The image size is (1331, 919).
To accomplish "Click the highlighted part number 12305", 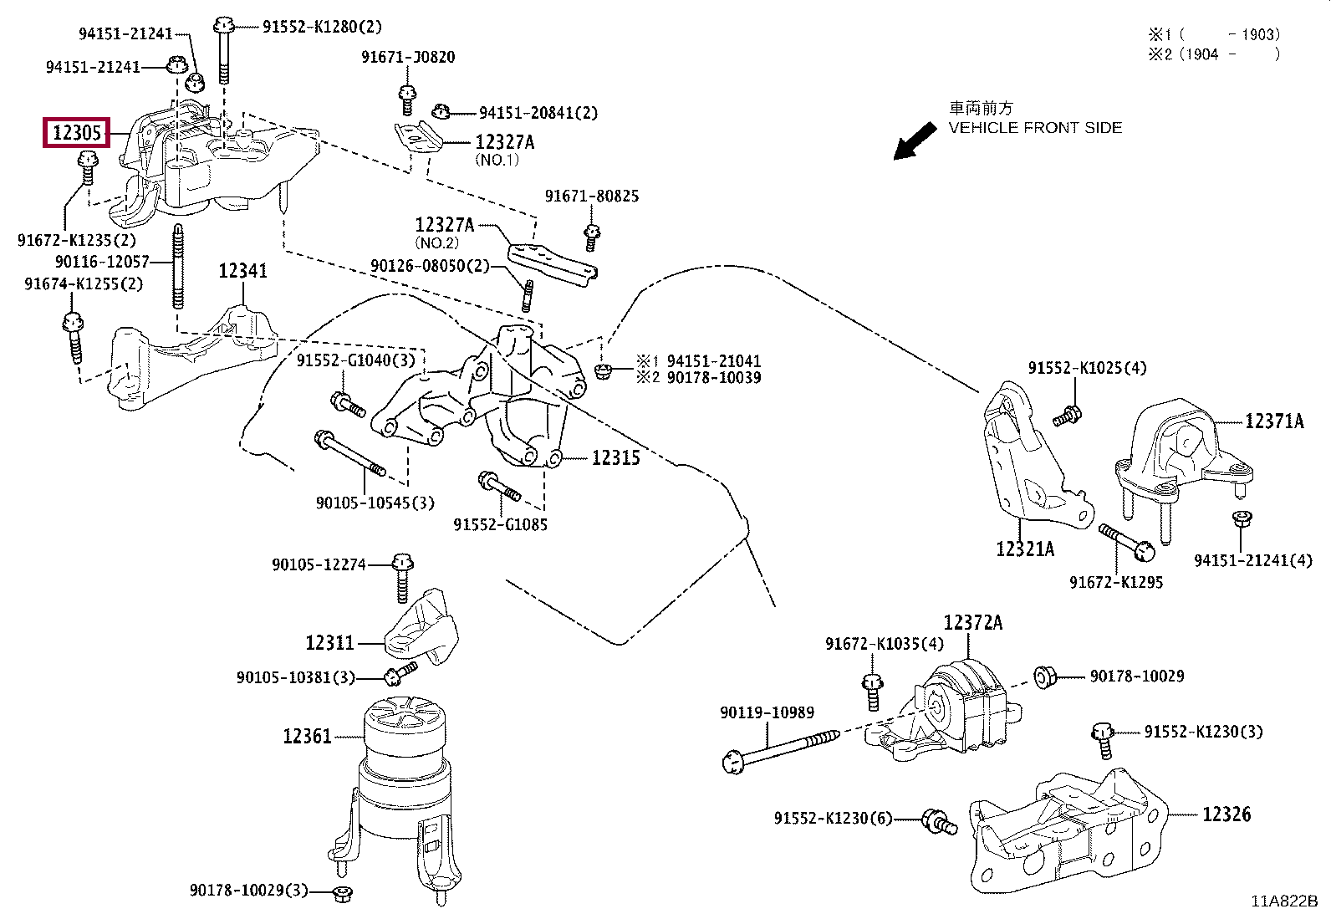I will tap(77, 132).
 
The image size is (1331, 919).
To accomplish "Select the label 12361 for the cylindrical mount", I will tap(307, 736).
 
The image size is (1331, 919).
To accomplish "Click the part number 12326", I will tap(1226, 814).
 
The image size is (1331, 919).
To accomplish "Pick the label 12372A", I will tap(972, 623).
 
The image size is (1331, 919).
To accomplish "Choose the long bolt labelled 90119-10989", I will tap(782, 748).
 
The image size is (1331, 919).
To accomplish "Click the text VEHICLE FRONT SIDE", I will tap(1035, 128).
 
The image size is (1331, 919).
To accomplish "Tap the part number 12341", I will tap(242, 271).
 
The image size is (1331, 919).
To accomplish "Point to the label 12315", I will tap(615, 458).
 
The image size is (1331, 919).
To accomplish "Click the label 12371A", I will tap(1273, 421).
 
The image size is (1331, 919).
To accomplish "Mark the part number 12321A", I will tap(1024, 549).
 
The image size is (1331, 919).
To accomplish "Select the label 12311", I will tap(329, 643).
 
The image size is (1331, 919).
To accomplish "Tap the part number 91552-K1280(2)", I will tap(322, 27).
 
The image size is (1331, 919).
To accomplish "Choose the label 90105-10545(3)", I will tap(375, 503).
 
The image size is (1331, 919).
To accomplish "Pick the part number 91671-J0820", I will tap(408, 58).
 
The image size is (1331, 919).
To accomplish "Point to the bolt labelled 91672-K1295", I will tap(1126, 542).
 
